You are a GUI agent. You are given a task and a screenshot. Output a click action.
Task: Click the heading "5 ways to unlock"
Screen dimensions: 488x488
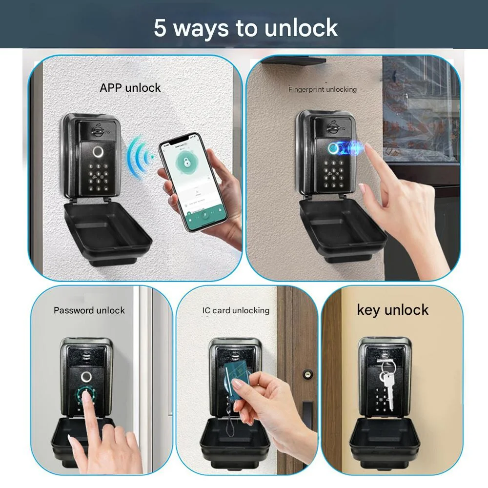[x=245, y=28]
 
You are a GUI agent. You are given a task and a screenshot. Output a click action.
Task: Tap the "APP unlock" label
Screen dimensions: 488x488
[x=130, y=88]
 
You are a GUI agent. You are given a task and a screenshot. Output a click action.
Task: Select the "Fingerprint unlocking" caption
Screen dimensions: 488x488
[x=323, y=89]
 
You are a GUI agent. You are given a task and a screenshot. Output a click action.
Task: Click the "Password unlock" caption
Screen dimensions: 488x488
[x=89, y=310]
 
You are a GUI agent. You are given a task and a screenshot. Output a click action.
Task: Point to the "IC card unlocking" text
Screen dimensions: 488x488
[x=236, y=310]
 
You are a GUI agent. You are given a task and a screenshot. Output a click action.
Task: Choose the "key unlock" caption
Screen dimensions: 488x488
[x=393, y=310]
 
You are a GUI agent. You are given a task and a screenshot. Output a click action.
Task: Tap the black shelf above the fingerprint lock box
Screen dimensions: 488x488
[x=293, y=61]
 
